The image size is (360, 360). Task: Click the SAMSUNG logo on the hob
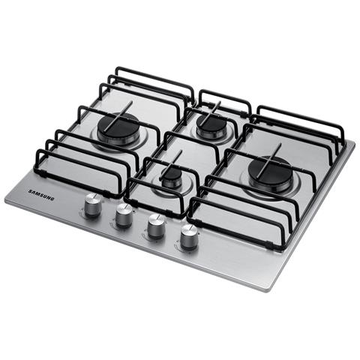point(41,195)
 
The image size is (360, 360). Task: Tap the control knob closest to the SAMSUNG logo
point(93,205)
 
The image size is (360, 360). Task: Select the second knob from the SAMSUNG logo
point(124,215)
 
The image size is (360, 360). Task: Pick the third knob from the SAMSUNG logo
point(156,226)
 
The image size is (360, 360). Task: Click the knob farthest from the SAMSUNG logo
point(189,237)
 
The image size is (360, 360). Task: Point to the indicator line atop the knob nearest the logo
point(92,196)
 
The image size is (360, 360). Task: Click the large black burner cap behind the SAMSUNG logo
point(118,127)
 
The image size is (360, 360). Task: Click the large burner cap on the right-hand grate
point(270,171)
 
